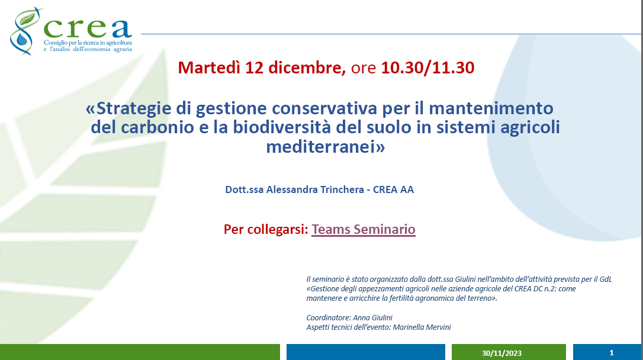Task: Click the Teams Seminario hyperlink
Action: [364, 229]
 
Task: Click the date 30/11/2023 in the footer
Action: [501, 353]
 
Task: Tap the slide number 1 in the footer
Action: [612, 353]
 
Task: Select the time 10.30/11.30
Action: [427, 67]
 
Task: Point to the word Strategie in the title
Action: [134, 109]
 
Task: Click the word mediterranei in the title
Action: [321, 146]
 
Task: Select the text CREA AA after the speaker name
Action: [393, 190]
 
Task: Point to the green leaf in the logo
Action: [28, 17]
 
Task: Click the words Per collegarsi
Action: [266, 229]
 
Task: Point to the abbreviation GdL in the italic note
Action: [606, 279]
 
